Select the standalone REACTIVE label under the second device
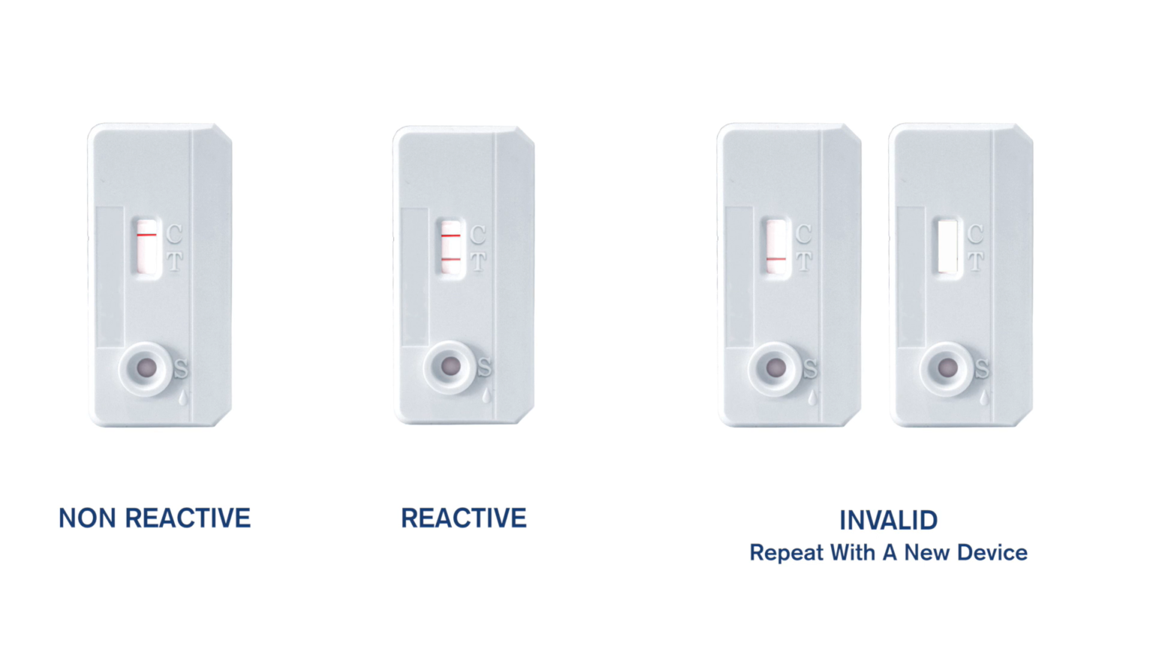(x=463, y=518)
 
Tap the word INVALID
(x=888, y=521)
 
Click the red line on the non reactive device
(x=147, y=234)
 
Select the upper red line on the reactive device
(x=450, y=235)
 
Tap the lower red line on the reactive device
(x=450, y=259)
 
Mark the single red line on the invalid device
(x=776, y=259)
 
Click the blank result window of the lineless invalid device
(x=948, y=246)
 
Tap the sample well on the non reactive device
(x=146, y=368)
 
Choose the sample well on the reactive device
(x=450, y=367)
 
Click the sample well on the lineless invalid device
(x=948, y=369)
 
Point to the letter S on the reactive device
(x=485, y=368)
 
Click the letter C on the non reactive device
(x=174, y=234)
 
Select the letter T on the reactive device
(x=478, y=262)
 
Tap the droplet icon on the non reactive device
(x=183, y=397)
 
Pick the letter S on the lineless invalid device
(x=982, y=369)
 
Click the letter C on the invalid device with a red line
(x=803, y=234)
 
